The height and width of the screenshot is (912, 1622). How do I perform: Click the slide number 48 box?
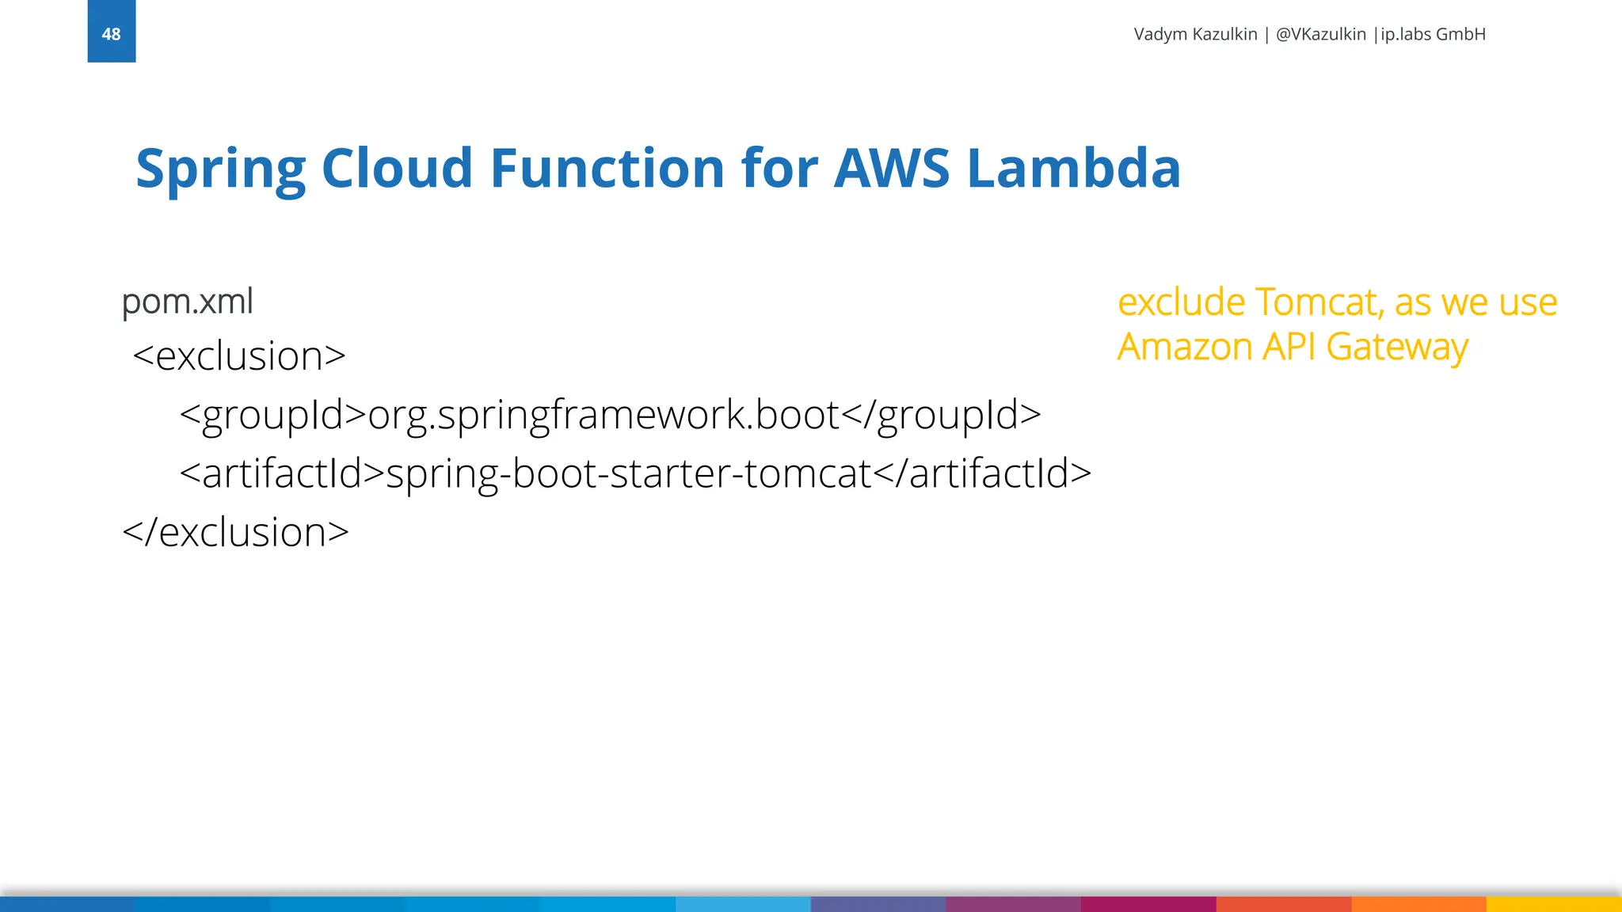(x=112, y=32)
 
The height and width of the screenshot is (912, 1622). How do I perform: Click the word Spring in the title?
(x=220, y=169)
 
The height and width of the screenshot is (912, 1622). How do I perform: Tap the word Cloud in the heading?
(x=397, y=169)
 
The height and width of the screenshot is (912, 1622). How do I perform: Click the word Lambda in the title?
(x=1074, y=169)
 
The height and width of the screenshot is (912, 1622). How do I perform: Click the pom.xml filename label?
(x=188, y=302)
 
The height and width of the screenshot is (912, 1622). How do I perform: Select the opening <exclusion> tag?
(x=239, y=356)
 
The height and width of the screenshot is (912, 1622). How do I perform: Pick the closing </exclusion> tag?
(x=235, y=532)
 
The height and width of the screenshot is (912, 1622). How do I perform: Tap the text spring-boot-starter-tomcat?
(x=628, y=473)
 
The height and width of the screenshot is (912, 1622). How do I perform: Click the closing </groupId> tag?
(x=941, y=415)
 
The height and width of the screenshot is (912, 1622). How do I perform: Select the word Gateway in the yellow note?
(x=1397, y=347)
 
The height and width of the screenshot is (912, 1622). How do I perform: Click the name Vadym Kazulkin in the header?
(x=1195, y=34)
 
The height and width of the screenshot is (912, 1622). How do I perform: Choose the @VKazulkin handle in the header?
(x=1320, y=34)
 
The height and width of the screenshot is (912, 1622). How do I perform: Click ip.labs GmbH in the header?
(x=1433, y=34)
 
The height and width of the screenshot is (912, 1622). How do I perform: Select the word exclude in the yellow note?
(x=1182, y=302)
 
